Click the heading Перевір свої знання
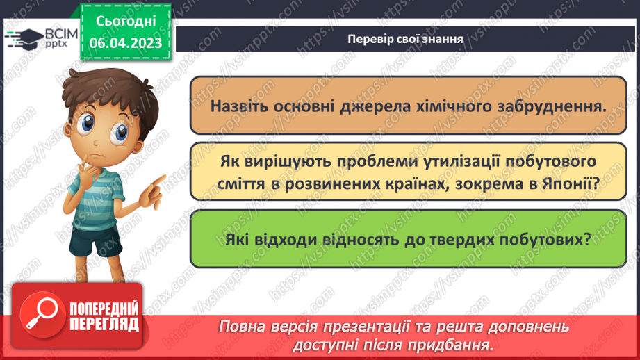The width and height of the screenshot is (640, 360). (406, 39)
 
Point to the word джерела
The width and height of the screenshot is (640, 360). (373, 106)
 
